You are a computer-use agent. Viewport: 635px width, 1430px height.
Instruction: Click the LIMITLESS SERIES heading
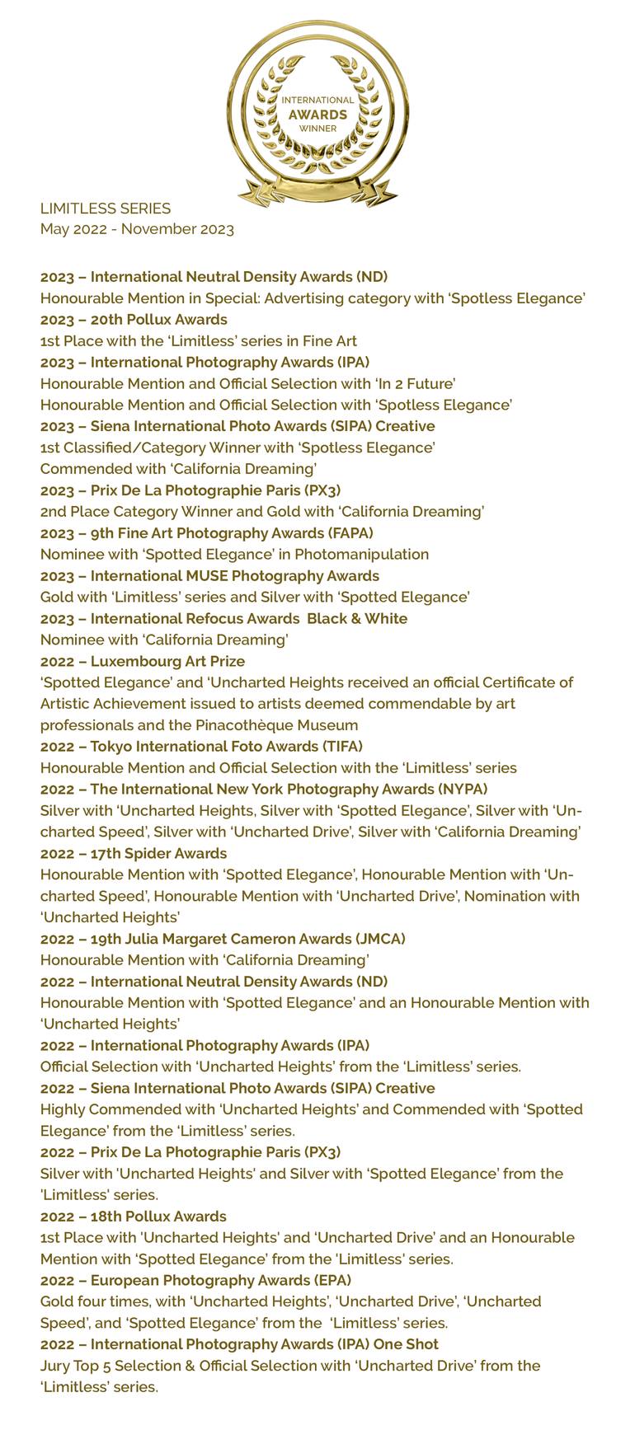pyautogui.click(x=106, y=209)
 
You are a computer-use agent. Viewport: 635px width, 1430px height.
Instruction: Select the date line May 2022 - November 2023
pyautogui.click(x=137, y=229)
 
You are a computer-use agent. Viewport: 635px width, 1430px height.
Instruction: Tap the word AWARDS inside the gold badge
pyautogui.click(x=317, y=115)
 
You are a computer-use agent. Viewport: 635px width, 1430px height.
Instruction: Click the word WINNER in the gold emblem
pyautogui.click(x=317, y=129)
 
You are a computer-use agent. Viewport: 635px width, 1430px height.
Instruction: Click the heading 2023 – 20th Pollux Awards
pyautogui.click(x=134, y=320)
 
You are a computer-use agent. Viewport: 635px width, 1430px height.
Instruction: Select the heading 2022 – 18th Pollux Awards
pyautogui.click(x=133, y=1217)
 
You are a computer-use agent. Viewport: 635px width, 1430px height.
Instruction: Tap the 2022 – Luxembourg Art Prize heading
pyautogui.click(x=143, y=661)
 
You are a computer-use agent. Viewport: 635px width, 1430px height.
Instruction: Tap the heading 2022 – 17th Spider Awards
pyautogui.click(x=134, y=853)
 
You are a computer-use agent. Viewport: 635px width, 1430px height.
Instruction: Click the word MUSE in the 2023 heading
pyautogui.click(x=195, y=576)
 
